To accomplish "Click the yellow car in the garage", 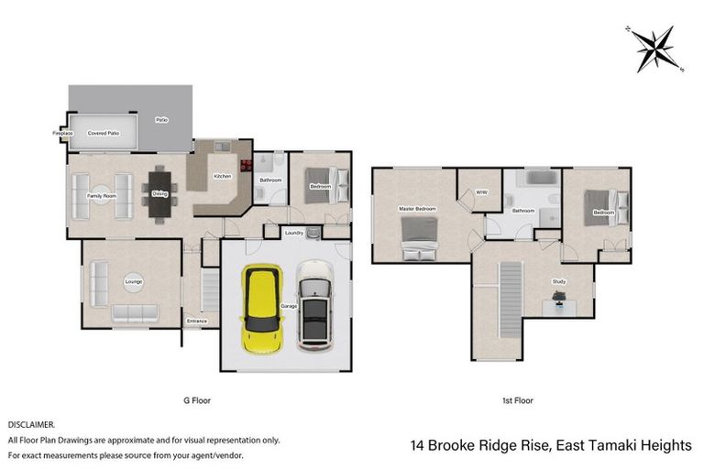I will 261,304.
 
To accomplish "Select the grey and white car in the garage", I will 315,305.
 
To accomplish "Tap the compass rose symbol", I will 653,49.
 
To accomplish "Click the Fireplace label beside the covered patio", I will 62,134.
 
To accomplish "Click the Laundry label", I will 294,234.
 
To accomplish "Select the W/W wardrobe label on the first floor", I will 481,192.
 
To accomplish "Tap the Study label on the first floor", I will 558,281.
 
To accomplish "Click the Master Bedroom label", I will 417,209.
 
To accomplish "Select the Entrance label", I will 197,322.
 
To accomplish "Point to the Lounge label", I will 134,281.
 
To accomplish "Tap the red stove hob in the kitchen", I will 245,166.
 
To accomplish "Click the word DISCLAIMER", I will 32,425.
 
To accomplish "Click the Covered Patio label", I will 104,134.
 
